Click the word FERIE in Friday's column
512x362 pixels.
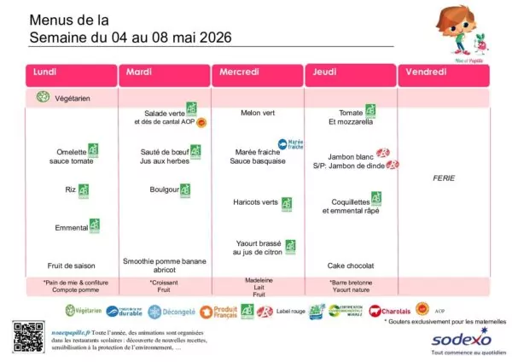coord(444,178)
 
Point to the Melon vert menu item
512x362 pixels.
coord(258,113)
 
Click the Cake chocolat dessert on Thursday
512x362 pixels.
coord(351,266)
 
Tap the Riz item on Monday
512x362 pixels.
coord(70,190)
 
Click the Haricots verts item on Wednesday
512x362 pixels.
coord(256,202)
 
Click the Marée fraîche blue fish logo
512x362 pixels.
coord(291,144)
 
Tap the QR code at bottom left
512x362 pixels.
coord(26,337)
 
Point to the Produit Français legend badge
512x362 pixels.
coord(224,312)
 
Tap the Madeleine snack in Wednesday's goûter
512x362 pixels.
coord(258,280)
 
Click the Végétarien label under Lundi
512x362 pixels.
coord(75,98)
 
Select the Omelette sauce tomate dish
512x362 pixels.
coord(71,156)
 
